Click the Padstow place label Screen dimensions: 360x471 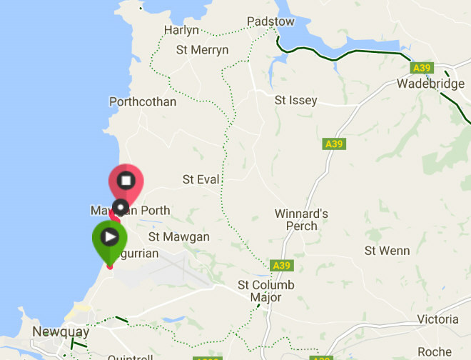click(x=270, y=21)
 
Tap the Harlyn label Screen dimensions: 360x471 click(x=181, y=30)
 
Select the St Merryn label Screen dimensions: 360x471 click(x=202, y=50)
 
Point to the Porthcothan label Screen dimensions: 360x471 click(x=143, y=101)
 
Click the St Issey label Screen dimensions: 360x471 click(x=295, y=101)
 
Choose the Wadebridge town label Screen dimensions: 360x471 click(x=430, y=84)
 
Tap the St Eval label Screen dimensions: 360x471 click(x=201, y=179)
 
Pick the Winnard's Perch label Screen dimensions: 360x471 click(x=301, y=220)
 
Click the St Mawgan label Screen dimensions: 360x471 click(x=179, y=236)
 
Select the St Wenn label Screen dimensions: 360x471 click(x=387, y=251)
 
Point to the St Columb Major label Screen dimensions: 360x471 click(x=265, y=291)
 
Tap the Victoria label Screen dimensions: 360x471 click(x=437, y=319)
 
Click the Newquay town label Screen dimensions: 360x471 click(x=61, y=332)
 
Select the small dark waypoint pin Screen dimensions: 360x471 click(x=122, y=208)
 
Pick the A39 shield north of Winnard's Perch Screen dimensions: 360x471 click(x=333, y=144)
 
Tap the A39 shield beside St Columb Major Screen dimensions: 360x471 click(x=282, y=266)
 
